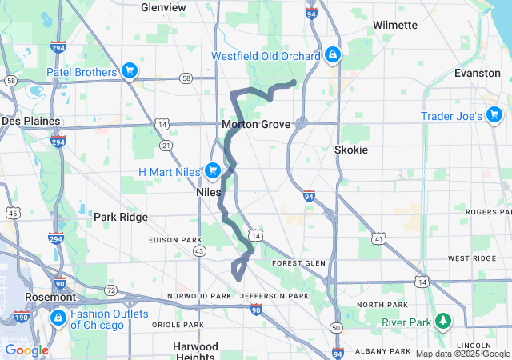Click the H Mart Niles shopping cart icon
(x=212, y=170)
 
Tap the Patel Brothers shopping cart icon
(x=129, y=71)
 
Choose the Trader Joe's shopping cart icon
(x=494, y=116)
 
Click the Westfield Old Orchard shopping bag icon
(x=331, y=56)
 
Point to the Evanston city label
(x=477, y=73)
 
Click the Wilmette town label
(x=394, y=26)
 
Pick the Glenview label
(x=163, y=7)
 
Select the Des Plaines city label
(x=30, y=121)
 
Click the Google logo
(x=26, y=350)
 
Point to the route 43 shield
(x=199, y=250)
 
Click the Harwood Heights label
(x=195, y=351)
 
